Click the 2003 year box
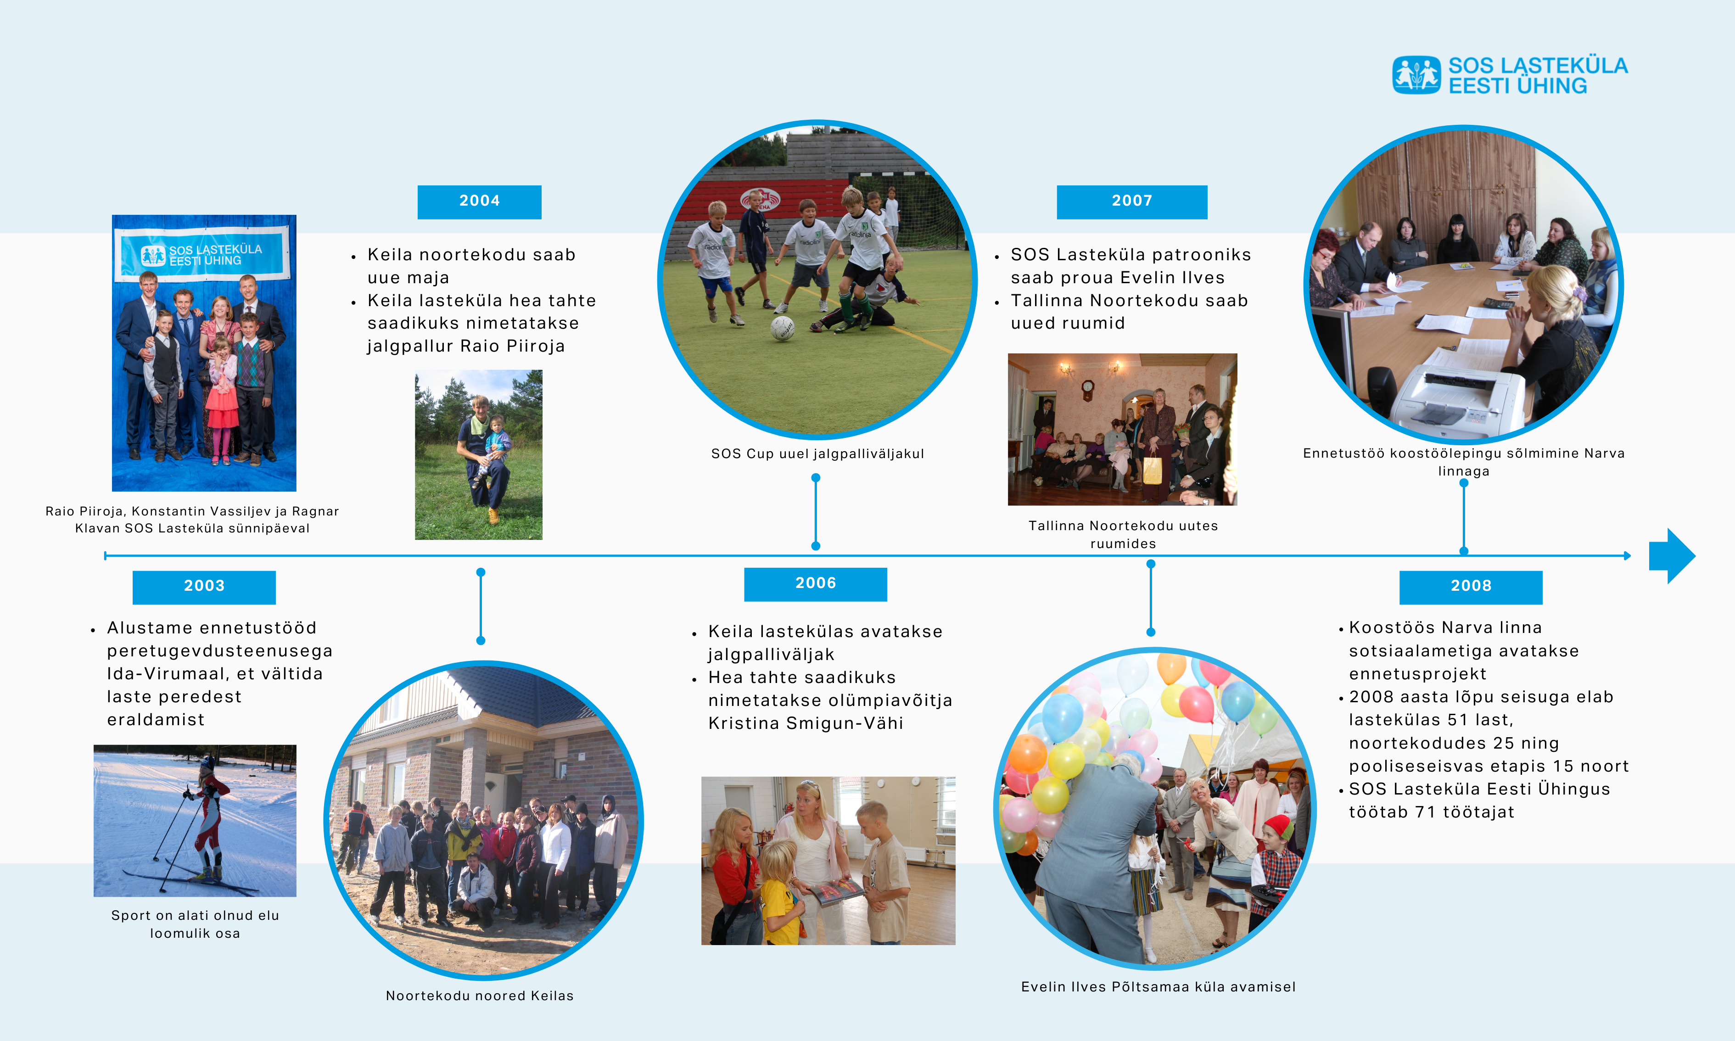(204, 587)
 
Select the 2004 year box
(479, 202)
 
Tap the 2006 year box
(816, 584)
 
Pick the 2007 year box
(1132, 202)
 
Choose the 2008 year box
(1471, 587)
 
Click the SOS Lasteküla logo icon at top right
(1416, 75)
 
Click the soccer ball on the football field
(782, 328)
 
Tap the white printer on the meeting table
(1455, 400)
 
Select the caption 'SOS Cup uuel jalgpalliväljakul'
(817, 454)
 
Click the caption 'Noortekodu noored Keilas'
(480, 996)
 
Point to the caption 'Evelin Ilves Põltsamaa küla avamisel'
(1158, 987)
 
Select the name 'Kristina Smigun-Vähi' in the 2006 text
(806, 723)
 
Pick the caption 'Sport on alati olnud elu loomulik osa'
(195, 924)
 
